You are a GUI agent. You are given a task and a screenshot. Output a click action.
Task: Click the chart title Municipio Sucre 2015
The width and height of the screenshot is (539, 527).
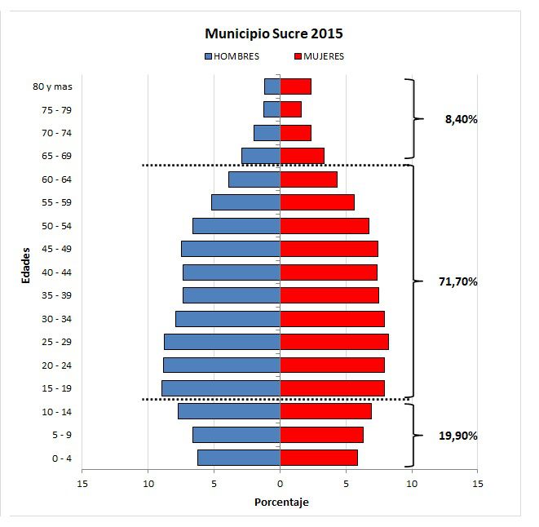pos(274,34)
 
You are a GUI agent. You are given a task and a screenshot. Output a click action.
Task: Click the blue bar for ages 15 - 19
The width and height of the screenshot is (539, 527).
pos(221,388)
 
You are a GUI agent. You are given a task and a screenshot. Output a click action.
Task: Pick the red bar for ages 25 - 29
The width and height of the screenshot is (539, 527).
pos(334,342)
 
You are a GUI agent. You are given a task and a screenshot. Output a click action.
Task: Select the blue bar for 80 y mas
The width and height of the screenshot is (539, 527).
pos(272,86)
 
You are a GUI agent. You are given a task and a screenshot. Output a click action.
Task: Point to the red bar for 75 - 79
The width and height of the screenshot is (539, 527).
pos(290,109)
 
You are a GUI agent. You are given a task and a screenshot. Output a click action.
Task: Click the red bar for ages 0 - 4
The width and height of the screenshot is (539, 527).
pos(319,458)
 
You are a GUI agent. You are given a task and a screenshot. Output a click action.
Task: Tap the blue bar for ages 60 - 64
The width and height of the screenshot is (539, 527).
pos(254,179)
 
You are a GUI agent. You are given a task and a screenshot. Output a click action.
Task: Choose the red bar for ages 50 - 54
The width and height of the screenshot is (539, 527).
pos(325,226)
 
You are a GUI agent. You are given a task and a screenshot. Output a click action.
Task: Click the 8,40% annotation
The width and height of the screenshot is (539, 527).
pos(461,119)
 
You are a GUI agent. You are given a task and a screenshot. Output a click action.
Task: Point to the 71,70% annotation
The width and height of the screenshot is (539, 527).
pos(457,282)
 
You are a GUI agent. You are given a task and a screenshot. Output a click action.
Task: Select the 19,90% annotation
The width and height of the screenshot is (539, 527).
pos(457,436)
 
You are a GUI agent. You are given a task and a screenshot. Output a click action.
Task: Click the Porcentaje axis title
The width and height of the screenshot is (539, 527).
pos(281,502)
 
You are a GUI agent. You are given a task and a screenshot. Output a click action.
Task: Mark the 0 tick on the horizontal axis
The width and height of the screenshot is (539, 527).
pos(281,483)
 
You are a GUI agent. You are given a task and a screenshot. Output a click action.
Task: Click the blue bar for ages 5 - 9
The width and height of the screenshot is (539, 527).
pos(236,435)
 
